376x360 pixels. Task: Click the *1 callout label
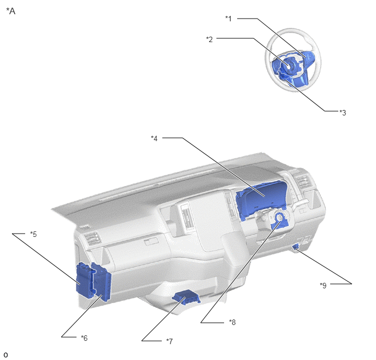point(228,19)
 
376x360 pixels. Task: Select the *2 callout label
point(209,39)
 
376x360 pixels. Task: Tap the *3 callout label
point(343,112)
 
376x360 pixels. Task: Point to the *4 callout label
point(154,138)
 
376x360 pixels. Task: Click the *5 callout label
point(33,234)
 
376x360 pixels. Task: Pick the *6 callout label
point(84,338)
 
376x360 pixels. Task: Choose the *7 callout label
point(169,341)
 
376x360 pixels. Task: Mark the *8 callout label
point(232,322)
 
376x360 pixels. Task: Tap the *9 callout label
point(323,285)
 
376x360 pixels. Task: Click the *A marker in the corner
point(10,11)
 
